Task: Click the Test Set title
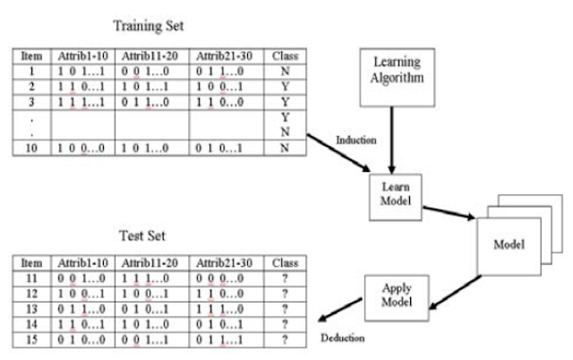point(143,236)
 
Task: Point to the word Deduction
point(345,339)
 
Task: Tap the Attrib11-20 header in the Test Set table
point(150,263)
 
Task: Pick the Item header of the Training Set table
point(33,56)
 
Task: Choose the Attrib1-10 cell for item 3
point(82,101)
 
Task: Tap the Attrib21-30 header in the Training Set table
point(226,56)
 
